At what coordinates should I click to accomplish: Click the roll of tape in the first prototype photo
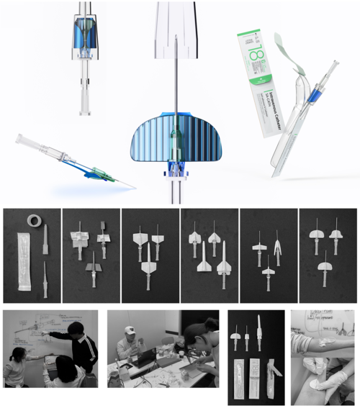pyautogui.click(x=32, y=221)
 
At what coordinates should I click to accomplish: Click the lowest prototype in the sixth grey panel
pyautogui.click(x=325, y=269)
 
